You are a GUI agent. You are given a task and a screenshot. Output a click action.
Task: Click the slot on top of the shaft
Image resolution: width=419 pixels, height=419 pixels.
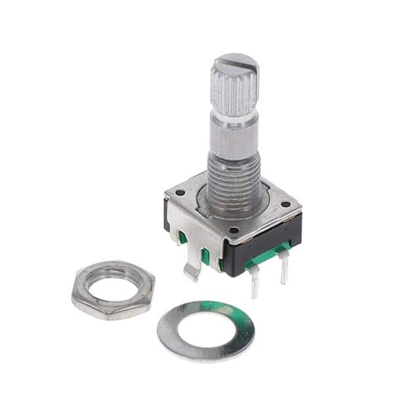pyautogui.click(x=234, y=65)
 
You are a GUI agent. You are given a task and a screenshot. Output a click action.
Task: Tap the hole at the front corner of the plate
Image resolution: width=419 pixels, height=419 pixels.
pyautogui.click(x=233, y=230)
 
